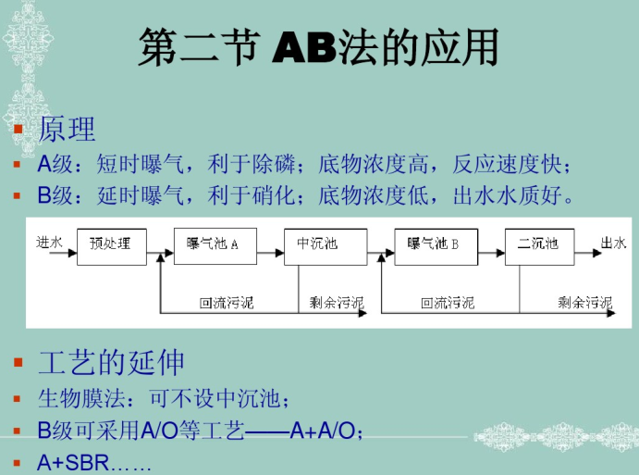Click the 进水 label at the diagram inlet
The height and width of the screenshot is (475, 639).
(49, 243)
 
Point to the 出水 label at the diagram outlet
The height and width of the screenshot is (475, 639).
(612, 243)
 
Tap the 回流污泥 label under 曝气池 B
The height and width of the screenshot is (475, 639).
(448, 303)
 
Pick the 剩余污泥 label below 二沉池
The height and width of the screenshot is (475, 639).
(584, 303)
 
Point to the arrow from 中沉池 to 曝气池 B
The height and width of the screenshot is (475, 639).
(373, 251)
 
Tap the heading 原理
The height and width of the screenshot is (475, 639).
(67, 129)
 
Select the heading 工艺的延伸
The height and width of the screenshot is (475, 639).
(111, 362)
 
